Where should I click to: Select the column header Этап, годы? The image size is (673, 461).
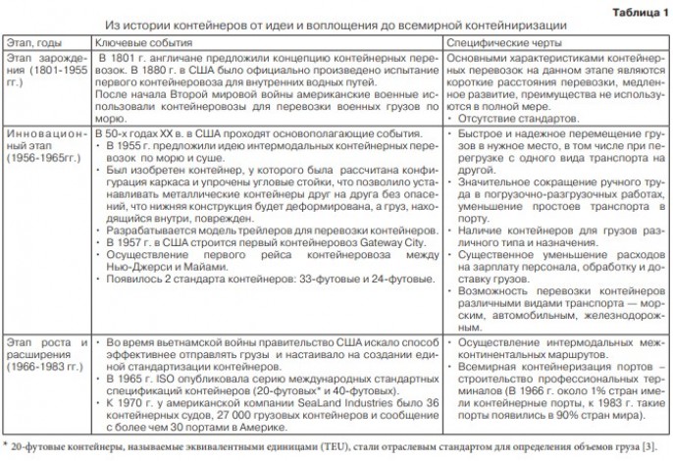coord(33,44)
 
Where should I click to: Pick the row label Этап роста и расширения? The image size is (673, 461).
coord(41,355)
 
